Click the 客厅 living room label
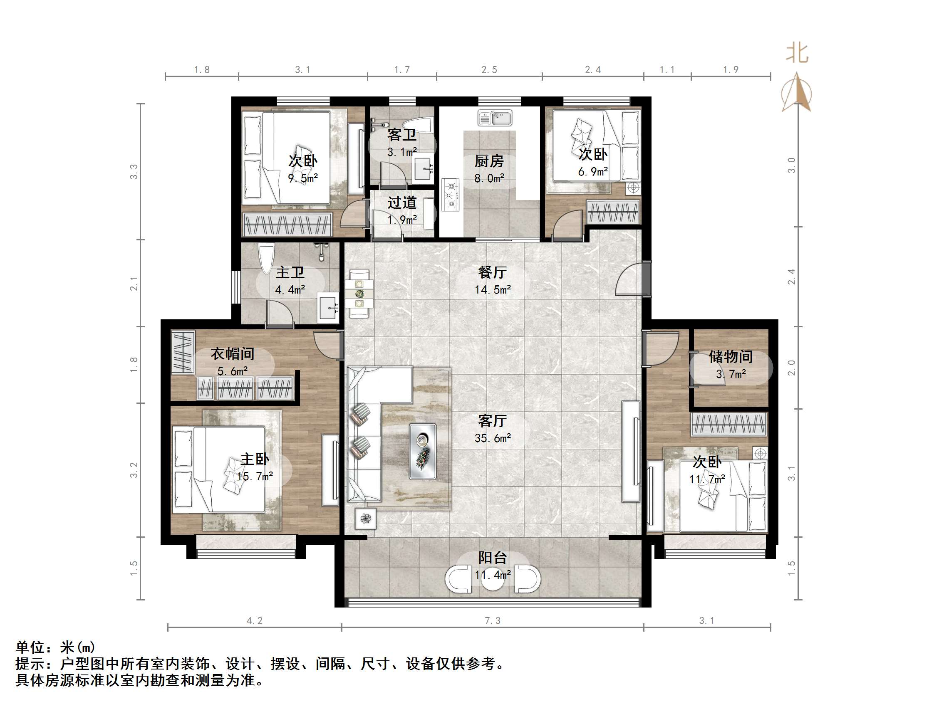(x=492, y=420)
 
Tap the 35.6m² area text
(x=493, y=438)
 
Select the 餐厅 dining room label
(x=492, y=272)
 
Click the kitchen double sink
(x=495, y=118)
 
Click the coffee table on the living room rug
(x=422, y=452)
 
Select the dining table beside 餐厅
(x=359, y=293)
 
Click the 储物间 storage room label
(x=730, y=356)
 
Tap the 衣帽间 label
(x=232, y=353)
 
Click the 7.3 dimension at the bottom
(x=493, y=620)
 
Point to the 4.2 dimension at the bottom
(x=254, y=620)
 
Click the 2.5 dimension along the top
(x=489, y=69)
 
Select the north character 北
(x=797, y=54)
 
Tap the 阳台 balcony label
(x=493, y=558)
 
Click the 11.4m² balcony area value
(x=493, y=575)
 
